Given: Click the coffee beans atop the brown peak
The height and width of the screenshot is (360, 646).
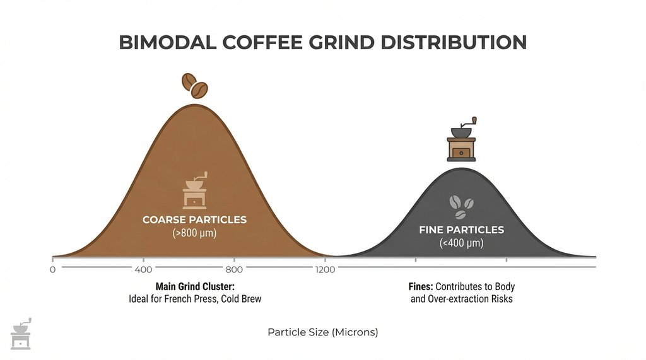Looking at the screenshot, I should coord(195,86).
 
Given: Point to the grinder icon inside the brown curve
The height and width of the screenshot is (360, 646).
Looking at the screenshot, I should coord(194,190).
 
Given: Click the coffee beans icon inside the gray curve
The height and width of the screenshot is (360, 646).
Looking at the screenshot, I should coord(461,205).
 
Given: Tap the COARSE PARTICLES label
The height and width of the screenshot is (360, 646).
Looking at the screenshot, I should coord(194,220).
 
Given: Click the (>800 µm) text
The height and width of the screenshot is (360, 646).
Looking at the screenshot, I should coord(194,233).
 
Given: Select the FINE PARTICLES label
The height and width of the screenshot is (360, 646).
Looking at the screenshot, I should coord(461,230).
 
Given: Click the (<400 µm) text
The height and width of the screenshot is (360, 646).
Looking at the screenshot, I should coord(461,243).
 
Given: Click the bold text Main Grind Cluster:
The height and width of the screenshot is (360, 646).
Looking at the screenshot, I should coord(194,286).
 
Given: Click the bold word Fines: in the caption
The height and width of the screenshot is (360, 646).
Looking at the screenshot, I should coord(421,286).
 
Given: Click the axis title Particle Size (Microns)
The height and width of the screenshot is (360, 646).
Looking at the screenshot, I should coord(323,332).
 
